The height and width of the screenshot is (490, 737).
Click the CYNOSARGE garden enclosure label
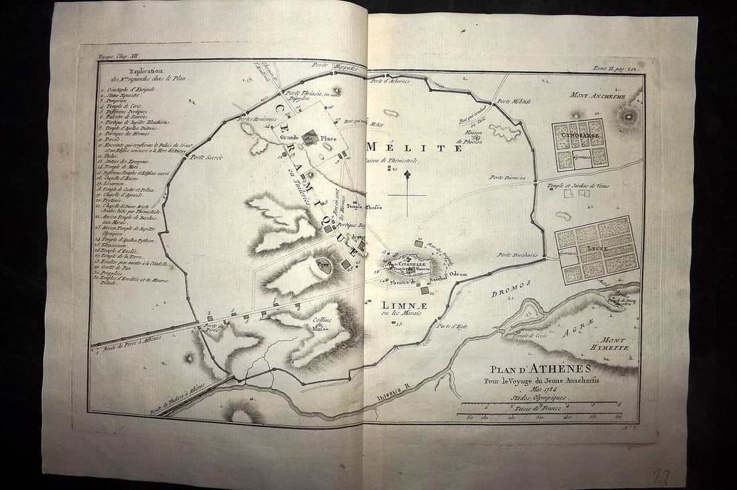point(580,135)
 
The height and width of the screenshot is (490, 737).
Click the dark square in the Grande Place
point(310,137)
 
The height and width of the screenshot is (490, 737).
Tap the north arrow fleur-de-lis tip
point(407,174)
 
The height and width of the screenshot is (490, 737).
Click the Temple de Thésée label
point(364,206)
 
